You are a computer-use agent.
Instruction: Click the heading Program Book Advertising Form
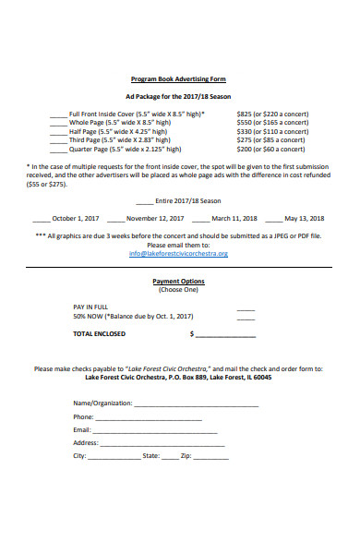pyautogui.click(x=180, y=79)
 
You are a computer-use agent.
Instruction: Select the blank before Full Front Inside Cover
pyautogui.click(x=58, y=114)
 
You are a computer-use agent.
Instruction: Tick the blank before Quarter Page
pyautogui.click(x=58, y=149)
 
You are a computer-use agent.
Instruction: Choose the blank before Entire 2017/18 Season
pyautogui.click(x=145, y=201)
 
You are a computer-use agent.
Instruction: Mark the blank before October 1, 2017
pyautogui.click(x=42, y=220)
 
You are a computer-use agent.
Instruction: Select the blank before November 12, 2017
pyautogui.click(x=115, y=220)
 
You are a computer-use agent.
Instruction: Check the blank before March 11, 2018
pyautogui.click(x=201, y=220)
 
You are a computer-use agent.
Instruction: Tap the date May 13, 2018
pyautogui.click(x=305, y=219)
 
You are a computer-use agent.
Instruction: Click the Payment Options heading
pyautogui.click(x=180, y=282)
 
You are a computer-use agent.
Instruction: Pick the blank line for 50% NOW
pyautogui.click(x=246, y=317)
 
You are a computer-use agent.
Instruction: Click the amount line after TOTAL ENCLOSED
pyautogui.click(x=225, y=335)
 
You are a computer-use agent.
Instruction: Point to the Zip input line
pyautogui.click(x=211, y=458)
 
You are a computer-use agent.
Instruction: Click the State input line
pyautogui.click(x=171, y=458)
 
